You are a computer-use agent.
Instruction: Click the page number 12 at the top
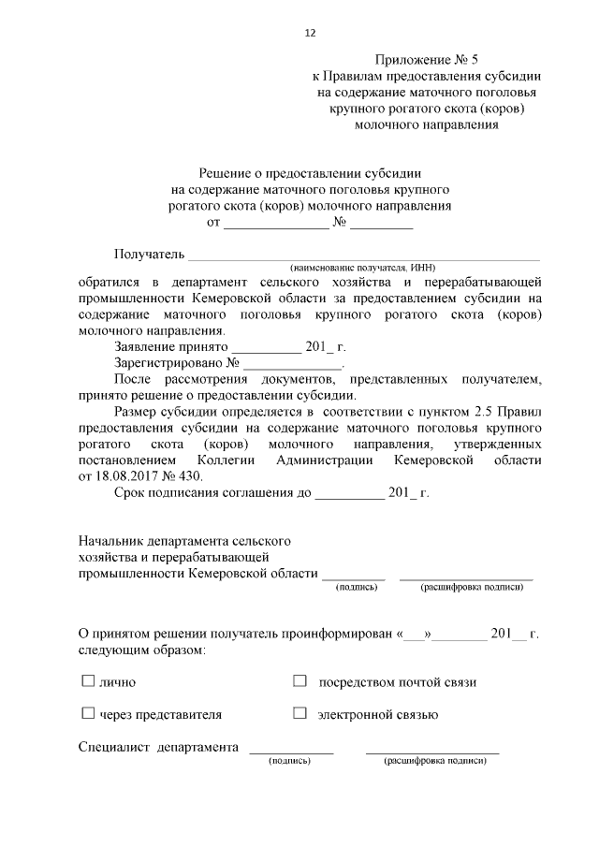(x=310, y=33)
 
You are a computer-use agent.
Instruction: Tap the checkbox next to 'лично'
(x=88, y=681)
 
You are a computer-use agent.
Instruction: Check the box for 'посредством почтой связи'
(x=299, y=681)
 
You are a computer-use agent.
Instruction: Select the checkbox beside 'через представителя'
(x=88, y=714)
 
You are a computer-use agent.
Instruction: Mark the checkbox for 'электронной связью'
(x=299, y=714)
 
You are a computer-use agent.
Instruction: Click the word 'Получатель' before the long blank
(x=149, y=254)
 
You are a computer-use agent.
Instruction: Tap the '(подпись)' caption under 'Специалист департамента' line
(x=289, y=762)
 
